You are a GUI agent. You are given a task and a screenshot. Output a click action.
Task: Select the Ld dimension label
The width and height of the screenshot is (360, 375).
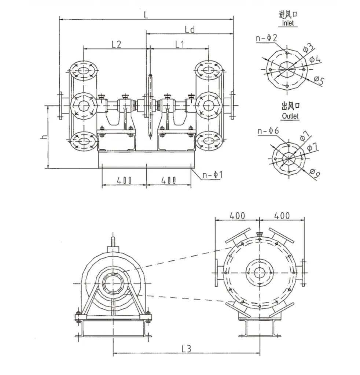pyautogui.click(x=190, y=29)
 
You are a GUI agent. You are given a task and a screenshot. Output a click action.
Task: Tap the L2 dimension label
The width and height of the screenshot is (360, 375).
pyautogui.click(x=116, y=44)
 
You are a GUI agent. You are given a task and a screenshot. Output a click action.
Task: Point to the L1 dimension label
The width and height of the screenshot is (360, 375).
pyautogui.click(x=179, y=44)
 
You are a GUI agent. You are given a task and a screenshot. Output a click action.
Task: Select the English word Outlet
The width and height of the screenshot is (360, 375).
pyautogui.click(x=290, y=116)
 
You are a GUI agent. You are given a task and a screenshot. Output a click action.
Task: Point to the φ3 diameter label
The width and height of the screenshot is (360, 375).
pyautogui.click(x=308, y=47)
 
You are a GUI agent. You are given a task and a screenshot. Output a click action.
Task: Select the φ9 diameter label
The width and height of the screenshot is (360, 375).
pyautogui.click(x=315, y=172)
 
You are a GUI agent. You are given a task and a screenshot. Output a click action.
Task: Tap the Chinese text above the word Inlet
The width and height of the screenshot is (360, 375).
pyautogui.click(x=288, y=14)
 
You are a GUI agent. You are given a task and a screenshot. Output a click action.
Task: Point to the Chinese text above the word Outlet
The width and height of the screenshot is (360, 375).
pyautogui.click(x=290, y=107)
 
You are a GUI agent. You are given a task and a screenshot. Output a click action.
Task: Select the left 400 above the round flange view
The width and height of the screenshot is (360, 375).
pyautogui.click(x=237, y=215)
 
